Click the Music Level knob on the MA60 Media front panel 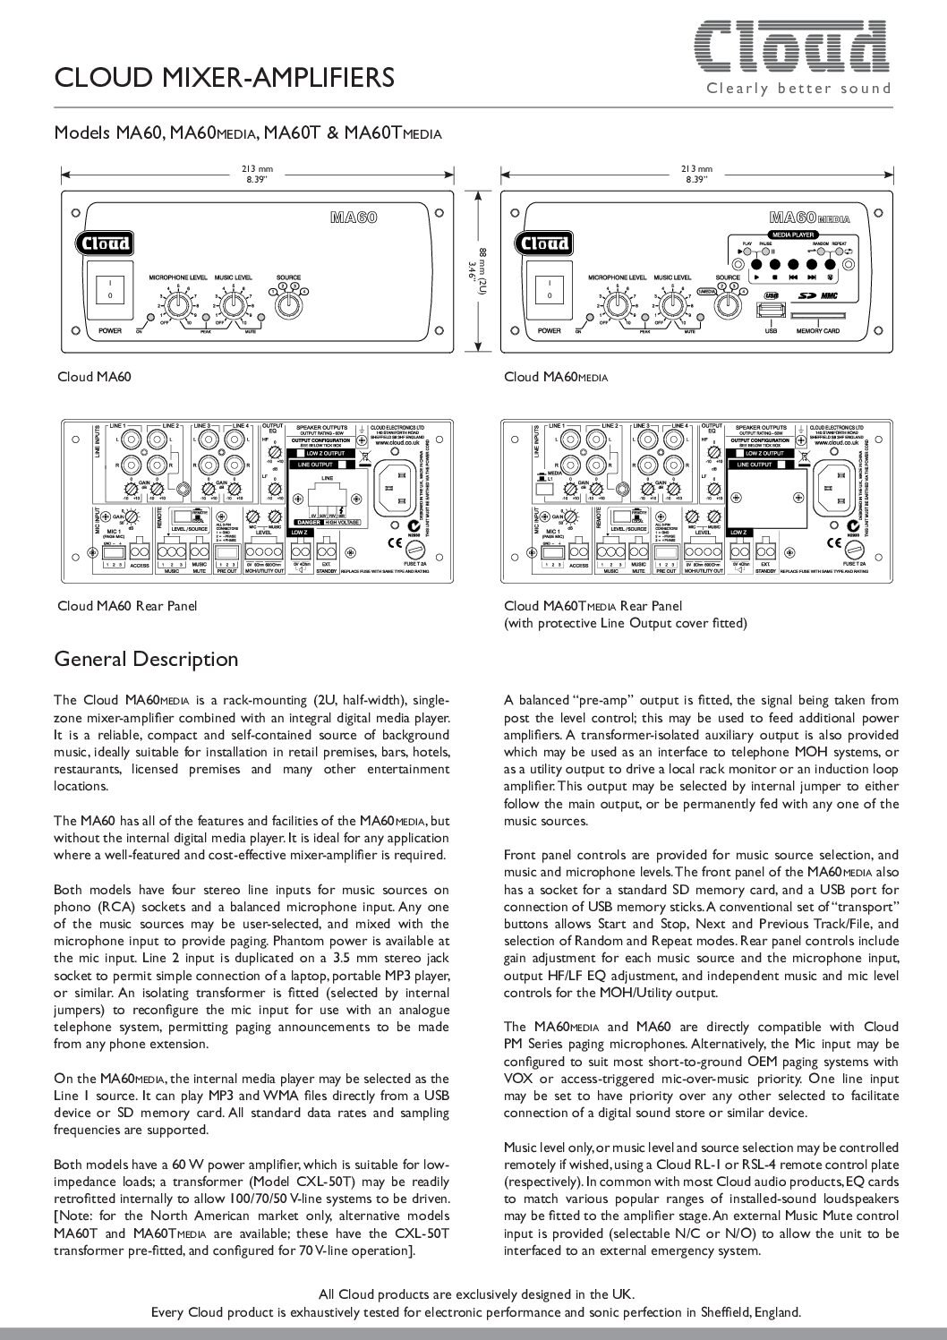[x=672, y=305]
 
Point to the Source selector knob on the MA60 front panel [x=288, y=304]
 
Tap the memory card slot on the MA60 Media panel [x=818, y=316]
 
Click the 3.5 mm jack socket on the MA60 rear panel [x=184, y=489]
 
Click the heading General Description [x=147, y=660]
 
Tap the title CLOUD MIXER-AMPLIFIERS [x=225, y=79]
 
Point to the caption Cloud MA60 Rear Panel [x=127, y=606]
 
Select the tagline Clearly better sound [x=798, y=88]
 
